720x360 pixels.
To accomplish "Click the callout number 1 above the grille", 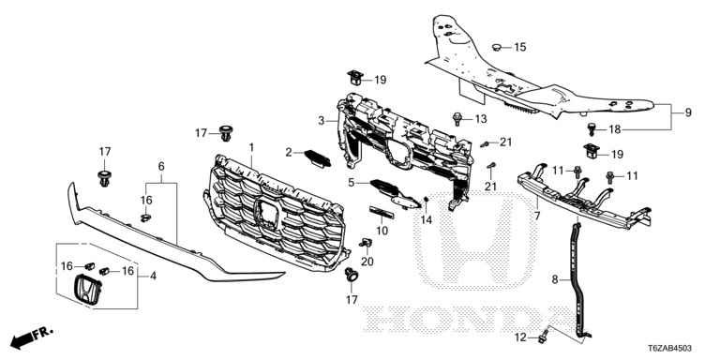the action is pyautogui.click(x=251, y=147).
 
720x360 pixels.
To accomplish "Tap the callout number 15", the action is pyautogui.click(x=519, y=47).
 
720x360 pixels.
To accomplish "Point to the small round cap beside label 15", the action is pyautogui.click(x=497, y=46).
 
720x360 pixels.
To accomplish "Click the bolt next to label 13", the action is pyautogui.click(x=457, y=118).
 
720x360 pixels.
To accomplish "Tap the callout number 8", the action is pyautogui.click(x=555, y=279).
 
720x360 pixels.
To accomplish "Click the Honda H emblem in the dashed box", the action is pyautogui.click(x=87, y=291).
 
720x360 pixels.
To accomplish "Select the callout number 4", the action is pyautogui.click(x=153, y=277).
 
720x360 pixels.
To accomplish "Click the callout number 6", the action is pyautogui.click(x=161, y=166).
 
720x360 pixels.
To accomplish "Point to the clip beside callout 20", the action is pyautogui.click(x=367, y=244).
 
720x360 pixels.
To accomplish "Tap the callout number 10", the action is pyautogui.click(x=382, y=231).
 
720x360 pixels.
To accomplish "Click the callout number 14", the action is pyautogui.click(x=427, y=220).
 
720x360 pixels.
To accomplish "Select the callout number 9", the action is pyautogui.click(x=688, y=112).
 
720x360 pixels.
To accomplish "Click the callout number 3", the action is pyautogui.click(x=322, y=121).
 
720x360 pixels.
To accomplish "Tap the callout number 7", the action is pyautogui.click(x=537, y=215).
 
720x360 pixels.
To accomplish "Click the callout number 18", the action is pyautogui.click(x=615, y=129).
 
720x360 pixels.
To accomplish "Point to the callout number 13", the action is pyautogui.click(x=481, y=119).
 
